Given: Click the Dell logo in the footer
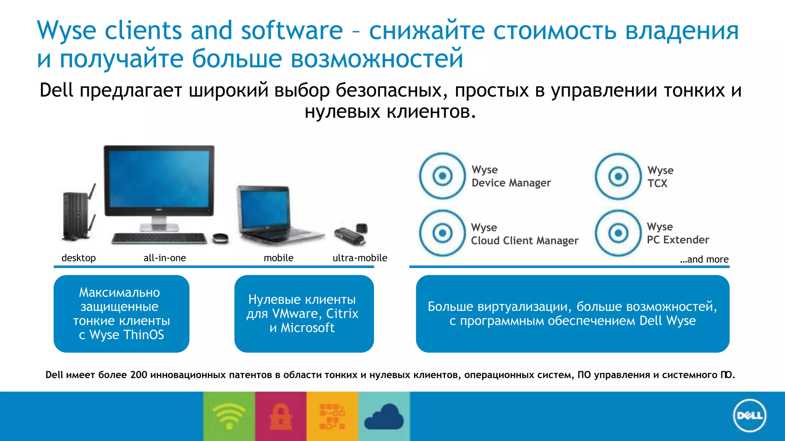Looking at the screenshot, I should point(749,416).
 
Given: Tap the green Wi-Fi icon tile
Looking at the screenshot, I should point(229,416).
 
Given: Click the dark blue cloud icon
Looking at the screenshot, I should point(384,417).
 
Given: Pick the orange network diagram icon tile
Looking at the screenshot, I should point(332,416).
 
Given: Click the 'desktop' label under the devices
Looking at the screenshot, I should point(79,258).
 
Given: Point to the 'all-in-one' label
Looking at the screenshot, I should point(165,258).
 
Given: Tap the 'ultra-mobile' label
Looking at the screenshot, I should point(360,258).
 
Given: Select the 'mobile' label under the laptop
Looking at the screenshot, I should point(278,258).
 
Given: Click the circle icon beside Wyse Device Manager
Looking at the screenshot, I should point(442,176).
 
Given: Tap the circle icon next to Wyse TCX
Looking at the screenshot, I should point(618,176).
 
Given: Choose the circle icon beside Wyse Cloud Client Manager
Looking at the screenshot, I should point(442,233).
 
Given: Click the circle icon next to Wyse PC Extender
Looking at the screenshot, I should point(618,233).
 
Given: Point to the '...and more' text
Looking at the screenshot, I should point(704,260).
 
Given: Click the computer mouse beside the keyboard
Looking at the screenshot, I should point(220,238).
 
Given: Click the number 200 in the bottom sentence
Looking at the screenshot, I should point(139,375).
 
